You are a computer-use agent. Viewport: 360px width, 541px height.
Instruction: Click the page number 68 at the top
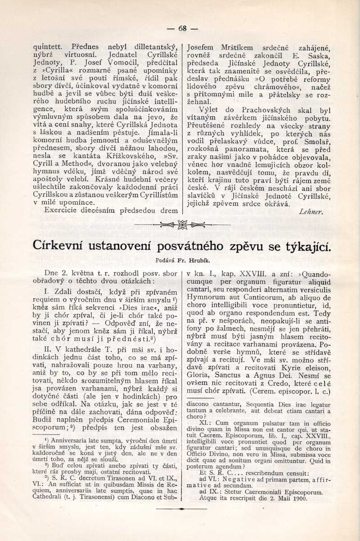(182, 28)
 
